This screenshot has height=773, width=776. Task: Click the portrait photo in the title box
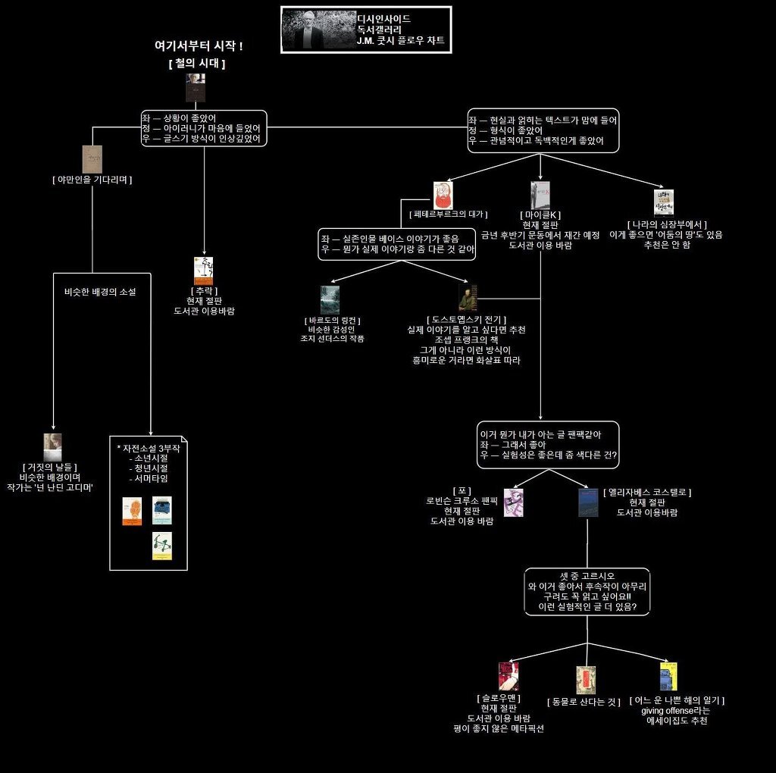(318, 30)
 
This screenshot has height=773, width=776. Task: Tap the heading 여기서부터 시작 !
(198, 46)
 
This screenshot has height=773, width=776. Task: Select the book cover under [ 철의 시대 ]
(196, 88)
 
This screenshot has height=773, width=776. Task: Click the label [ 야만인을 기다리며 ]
(92, 180)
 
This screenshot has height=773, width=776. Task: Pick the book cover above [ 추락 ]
(203, 271)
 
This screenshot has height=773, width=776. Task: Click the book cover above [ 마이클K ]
(540, 195)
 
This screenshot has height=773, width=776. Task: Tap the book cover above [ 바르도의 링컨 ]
(330, 300)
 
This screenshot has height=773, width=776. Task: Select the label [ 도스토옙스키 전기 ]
(467, 320)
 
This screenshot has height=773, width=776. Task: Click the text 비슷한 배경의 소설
(100, 292)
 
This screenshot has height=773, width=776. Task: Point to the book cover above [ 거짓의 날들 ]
(52, 447)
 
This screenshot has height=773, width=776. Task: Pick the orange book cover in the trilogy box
(132, 512)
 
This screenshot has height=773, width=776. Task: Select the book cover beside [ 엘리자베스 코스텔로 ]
(588, 502)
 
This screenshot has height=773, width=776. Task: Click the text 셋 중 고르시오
(587, 576)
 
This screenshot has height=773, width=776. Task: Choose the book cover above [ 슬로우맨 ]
(508, 677)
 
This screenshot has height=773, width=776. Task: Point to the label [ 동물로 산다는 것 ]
(584, 703)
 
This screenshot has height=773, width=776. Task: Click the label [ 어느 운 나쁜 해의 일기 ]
(677, 700)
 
